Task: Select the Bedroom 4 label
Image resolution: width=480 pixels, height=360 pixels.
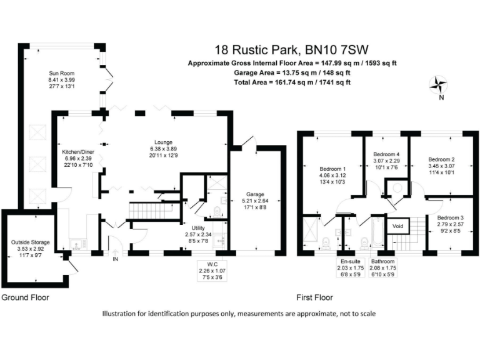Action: (386, 154)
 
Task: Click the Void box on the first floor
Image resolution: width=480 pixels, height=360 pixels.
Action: (397, 225)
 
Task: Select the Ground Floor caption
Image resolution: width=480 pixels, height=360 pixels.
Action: (26, 298)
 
